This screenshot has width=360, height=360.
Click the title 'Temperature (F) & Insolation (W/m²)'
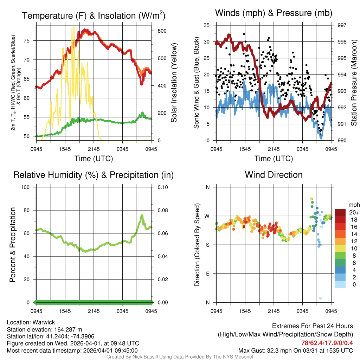pos(94,16)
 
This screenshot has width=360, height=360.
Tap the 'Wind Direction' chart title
pos(274,175)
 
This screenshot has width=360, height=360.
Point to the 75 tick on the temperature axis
pos(31,40)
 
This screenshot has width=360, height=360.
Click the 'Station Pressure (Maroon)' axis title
pos(354,83)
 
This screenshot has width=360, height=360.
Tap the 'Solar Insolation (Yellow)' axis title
pos(173,83)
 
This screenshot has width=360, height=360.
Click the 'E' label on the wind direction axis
pos(207,274)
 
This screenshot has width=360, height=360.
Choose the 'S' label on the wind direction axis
pos(207,245)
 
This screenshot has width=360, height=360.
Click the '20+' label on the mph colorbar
pos(354,212)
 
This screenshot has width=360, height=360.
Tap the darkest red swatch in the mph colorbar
pos(340,212)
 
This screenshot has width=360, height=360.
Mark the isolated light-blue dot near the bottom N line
pos(320,298)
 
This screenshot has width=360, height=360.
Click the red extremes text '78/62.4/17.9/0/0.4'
pos(327,343)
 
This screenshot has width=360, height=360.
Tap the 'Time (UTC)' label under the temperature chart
pos(94,159)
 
